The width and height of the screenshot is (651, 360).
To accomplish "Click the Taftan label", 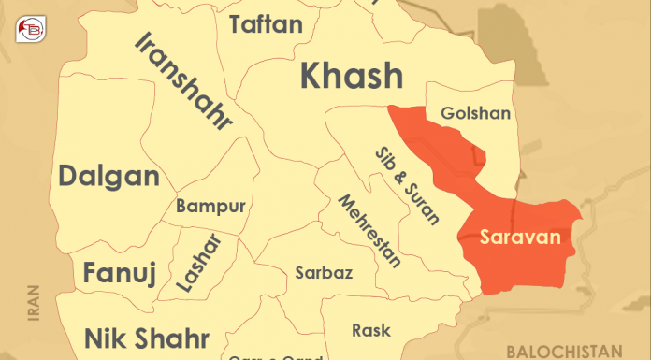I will coord(266,24).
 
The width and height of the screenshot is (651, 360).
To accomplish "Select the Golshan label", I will coord(475,114).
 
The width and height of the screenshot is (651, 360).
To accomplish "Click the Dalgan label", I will coord(108,175).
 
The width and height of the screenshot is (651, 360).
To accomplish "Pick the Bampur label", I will coord(210,206).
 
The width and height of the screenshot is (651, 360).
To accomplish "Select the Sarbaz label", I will coord(324,273).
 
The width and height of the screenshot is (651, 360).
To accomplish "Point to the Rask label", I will coord(371,330).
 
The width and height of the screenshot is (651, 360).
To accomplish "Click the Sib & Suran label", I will coord(407,186).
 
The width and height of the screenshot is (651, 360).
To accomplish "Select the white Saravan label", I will coord(520,238).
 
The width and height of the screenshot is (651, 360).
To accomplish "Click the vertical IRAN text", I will coord(35,303).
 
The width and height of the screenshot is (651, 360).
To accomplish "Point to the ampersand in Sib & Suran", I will coord(404,183).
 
